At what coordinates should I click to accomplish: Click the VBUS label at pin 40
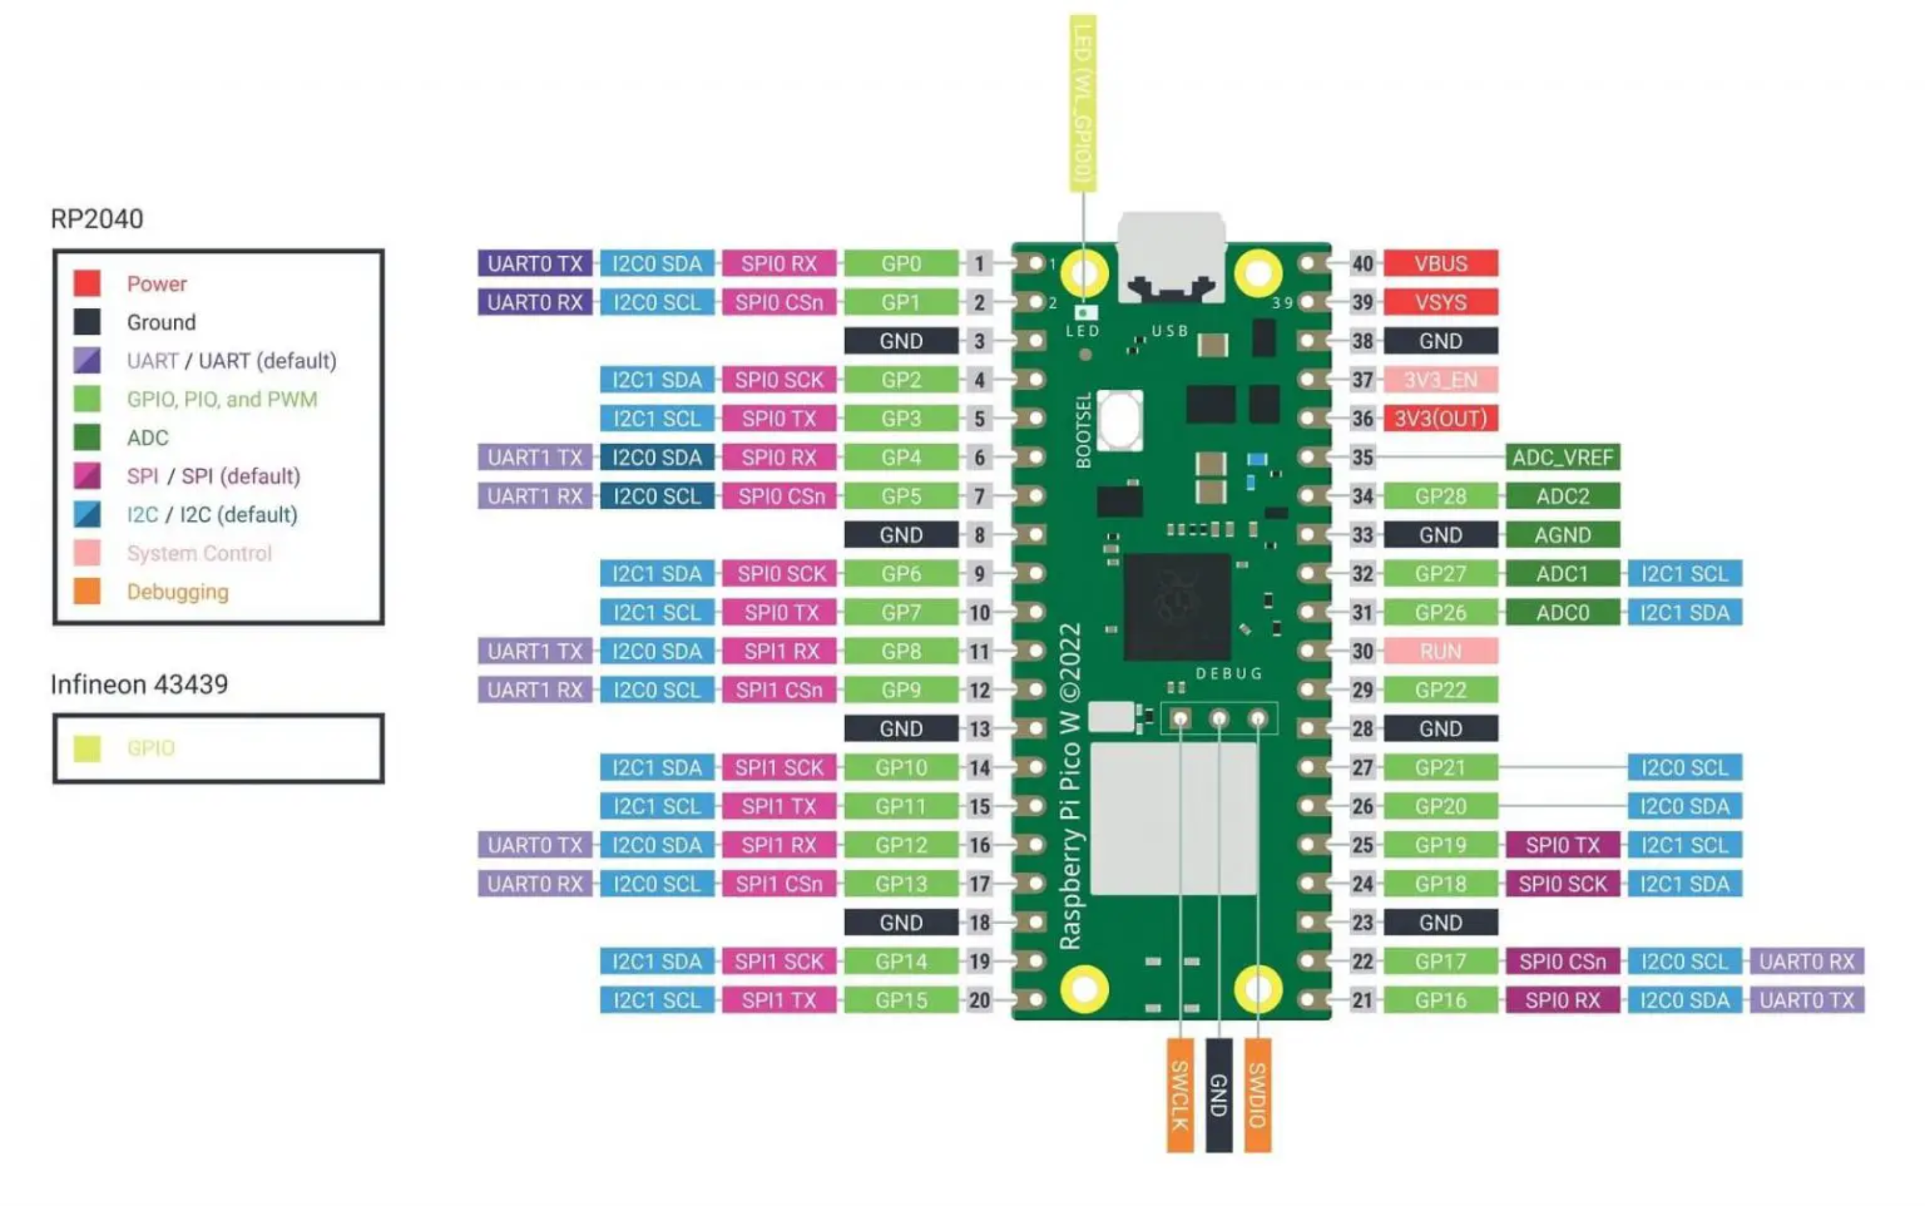pos(1439,263)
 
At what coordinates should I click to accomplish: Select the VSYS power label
pos(1439,302)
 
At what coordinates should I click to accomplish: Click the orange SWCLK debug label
pos(1179,1094)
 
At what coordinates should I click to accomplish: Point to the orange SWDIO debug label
pos(1257,1094)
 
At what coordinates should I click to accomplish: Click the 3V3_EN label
pos(1439,380)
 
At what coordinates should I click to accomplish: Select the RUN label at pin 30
pos(1439,651)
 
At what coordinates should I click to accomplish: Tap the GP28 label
pos(1439,496)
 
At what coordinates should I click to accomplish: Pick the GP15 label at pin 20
pos(900,999)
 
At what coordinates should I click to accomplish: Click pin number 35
pos(1362,457)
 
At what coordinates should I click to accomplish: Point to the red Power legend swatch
pos(87,283)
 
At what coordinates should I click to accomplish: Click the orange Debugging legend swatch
pos(87,591)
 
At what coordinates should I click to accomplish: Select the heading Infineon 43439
pos(139,684)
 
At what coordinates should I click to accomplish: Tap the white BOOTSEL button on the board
pos(1120,420)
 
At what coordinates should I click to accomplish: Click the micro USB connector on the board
pos(1170,255)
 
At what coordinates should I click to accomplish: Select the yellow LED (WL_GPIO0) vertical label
pos(1082,104)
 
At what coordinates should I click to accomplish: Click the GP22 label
pos(1439,689)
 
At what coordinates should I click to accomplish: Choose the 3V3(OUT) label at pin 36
pos(1439,418)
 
